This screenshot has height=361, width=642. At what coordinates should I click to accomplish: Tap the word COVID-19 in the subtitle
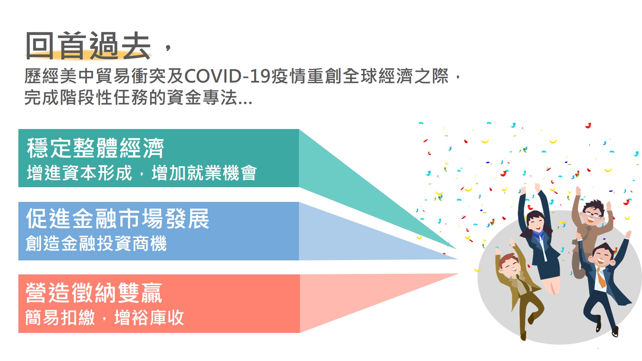pos(227,76)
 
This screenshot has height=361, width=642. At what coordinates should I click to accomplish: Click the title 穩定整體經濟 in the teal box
pos(95,148)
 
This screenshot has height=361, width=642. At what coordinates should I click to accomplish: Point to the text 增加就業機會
pos(204,173)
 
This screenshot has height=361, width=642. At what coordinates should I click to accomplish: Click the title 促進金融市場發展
pos(118,219)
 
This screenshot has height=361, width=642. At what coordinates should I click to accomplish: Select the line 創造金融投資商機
pos(96,243)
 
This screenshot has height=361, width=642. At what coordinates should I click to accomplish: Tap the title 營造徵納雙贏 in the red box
pos(94,292)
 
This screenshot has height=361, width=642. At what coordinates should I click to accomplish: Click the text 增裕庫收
pos(149,318)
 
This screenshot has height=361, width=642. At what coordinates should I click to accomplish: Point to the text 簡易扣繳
pos(61,318)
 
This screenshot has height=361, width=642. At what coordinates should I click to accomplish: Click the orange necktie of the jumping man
pos(601,278)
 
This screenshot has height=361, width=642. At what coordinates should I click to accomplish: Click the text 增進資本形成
pos(80,173)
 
